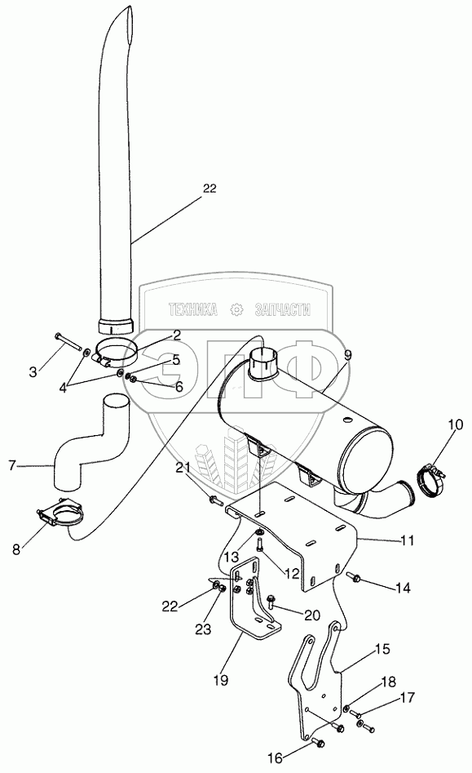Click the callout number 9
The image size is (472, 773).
pos(348,354)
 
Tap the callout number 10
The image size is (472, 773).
pos(455,424)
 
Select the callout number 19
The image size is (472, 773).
pos(221,681)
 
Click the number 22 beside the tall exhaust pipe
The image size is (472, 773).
pos(210,189)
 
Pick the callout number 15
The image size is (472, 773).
pos(382,649)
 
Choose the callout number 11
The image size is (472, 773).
pos(407,541)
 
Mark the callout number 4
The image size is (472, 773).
pos(63,388)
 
